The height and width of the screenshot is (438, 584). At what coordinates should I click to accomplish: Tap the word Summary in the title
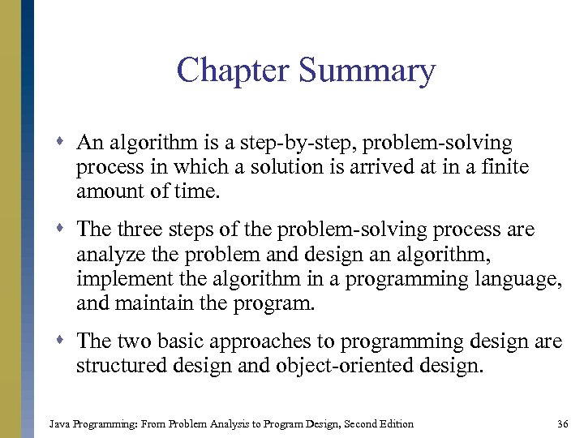tap(367, 71)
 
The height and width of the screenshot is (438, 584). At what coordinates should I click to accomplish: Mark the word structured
tap(118, 366)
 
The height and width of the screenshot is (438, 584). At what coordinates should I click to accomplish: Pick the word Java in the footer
tap(59, 423)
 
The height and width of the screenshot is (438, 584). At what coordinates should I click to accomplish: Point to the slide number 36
tap(563, 423)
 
